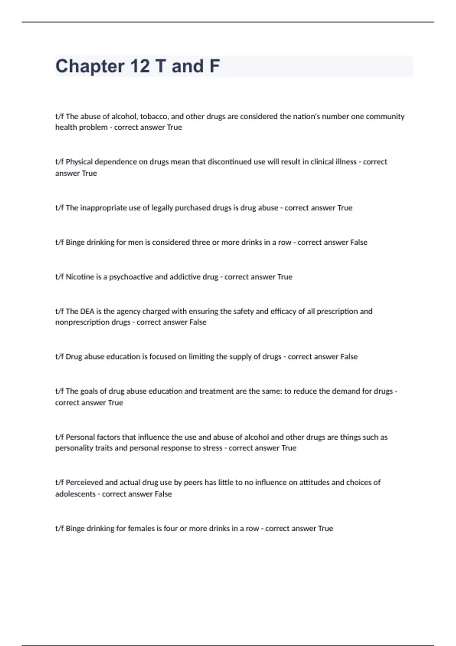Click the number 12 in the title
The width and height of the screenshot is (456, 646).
click(140, 66)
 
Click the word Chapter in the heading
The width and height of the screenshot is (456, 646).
click(90, 66)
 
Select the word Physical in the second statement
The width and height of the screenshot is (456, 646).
click(79, 162)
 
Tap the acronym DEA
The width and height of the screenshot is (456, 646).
click(87, 312)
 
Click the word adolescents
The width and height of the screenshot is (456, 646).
click(75, 494)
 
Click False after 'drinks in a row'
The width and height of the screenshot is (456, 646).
click(358, 242)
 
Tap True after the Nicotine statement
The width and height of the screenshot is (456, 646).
click(285, 277)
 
